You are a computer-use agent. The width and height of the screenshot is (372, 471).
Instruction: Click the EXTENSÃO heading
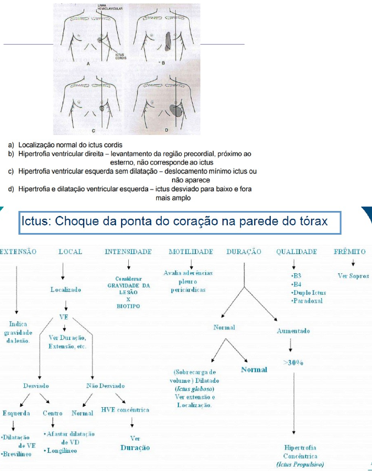(18, 252)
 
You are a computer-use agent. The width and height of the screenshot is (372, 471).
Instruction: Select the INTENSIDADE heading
(128, 252)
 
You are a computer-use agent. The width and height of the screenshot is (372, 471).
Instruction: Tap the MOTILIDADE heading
(191, 252)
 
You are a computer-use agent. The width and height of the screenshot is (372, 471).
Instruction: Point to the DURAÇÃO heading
(244, 252)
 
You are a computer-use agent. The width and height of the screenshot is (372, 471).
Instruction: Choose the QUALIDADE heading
(297, 252)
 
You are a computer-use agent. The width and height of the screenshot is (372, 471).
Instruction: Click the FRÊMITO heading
(350, 252)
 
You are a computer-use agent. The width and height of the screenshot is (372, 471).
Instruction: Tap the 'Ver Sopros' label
(353, 276)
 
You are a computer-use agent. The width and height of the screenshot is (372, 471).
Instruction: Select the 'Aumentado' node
(293, 331)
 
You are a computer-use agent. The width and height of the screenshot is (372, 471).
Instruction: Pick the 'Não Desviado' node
(105, 386)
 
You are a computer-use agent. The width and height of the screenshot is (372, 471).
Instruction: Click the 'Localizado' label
(65, 289)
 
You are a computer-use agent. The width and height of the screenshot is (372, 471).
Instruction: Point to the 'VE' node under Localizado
(64, 317)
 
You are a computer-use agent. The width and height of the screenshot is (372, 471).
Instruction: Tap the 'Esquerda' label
(16, 413)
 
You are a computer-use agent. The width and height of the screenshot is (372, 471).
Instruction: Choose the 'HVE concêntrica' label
(125, 410)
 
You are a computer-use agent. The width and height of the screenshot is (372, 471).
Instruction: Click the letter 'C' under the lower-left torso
(94, 131)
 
